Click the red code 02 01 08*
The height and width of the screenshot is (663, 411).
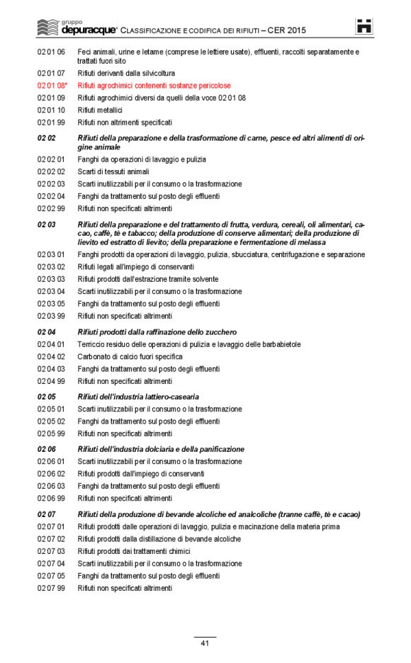click(52, 86)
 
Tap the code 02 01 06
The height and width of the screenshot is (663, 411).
click(51, 52)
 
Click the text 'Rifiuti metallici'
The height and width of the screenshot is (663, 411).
click(100, 110)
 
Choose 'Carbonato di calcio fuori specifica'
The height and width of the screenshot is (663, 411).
click(130, 357)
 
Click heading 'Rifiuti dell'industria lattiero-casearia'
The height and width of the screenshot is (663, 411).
click(138, 397)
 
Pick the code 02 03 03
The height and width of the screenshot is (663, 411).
click(51, 279)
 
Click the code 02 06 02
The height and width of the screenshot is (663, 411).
click(51, 474)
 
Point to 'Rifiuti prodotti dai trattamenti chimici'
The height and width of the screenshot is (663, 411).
click(134, 551)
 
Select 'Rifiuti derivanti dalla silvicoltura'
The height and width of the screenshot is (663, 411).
click(126, 73)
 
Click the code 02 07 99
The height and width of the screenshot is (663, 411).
click(51, 588)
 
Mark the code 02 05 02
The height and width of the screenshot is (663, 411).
click(51, 421)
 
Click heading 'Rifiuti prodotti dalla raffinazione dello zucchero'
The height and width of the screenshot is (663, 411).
click(157, 332)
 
